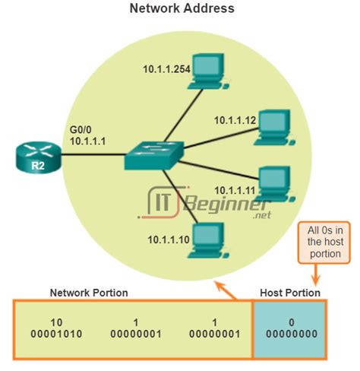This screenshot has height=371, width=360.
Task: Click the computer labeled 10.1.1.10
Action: (x=205, y=239)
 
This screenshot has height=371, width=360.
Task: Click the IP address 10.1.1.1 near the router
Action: (x=87, y=141)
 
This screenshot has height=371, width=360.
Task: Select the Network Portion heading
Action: (x=89, y=293)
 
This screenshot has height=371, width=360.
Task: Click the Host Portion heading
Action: (x=289, y=293)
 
